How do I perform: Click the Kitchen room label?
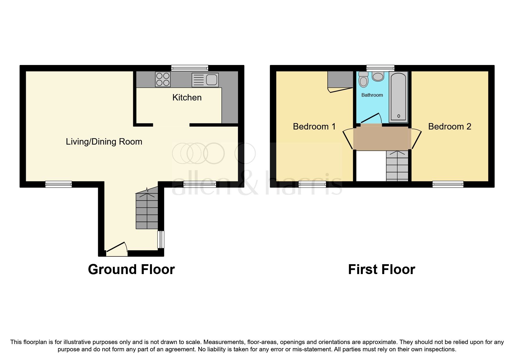(x=187, y=98)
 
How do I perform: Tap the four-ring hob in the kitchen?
(x=163, y=79)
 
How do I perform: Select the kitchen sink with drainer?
(x=205, y=80)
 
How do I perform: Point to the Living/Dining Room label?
(x=104, y=142)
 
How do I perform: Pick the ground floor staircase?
(x=147, y=208)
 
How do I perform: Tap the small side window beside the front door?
(x=161, y=240)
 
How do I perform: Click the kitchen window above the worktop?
(x=190, y=68)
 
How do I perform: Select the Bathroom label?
(x=372, y=95)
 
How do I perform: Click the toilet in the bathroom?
(x=363, y=79)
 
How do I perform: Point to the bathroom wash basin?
(x=378, y=76)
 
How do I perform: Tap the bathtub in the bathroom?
(x=398, y=97)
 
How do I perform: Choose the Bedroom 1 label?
(x=314, y=127)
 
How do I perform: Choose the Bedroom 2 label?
(x=450, y=127)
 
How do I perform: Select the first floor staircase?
(x=397, y=166)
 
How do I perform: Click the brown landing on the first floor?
(x=382, y=138)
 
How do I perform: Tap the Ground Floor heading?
(x=131, y=269)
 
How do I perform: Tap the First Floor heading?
(x=382, y=269)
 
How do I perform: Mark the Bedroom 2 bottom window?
(x=448, y=184)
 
